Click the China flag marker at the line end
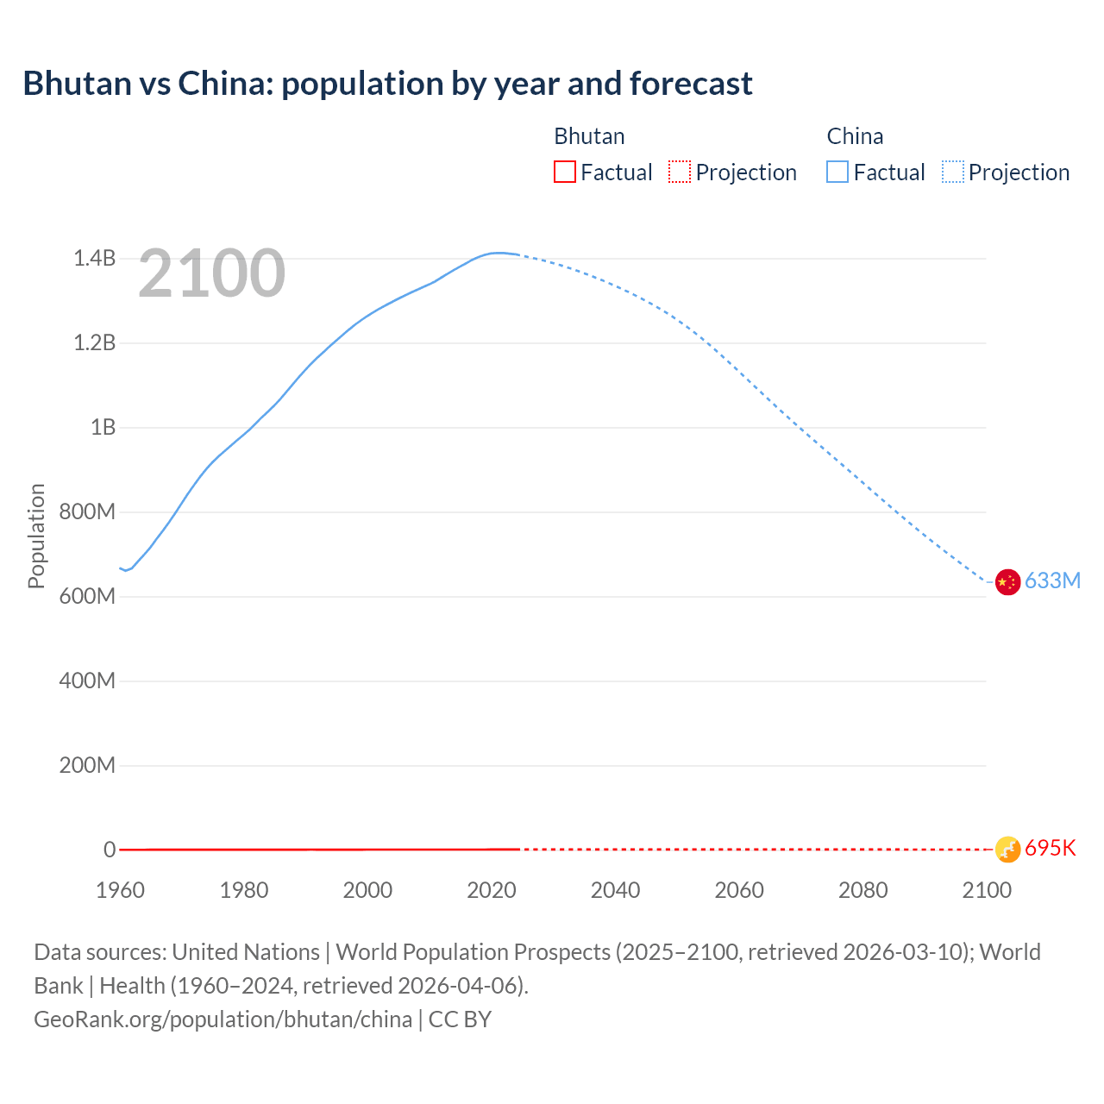click(1007, 582)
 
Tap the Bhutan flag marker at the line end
click(1007, 850)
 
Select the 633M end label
click(1052, 580)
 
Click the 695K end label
click(1051, 849)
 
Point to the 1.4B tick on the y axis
click(94, 259)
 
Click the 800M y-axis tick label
click(87, 512)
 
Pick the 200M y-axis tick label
click(87, 766)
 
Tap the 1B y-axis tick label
click(103, 428)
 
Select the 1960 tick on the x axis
click(121, 890)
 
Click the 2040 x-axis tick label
click(615, 890)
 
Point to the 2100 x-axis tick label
click(987, 890)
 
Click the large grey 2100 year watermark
click(211, 273)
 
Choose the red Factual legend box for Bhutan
click(565, 172)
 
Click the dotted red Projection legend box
click(680, 172)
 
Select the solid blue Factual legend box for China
click(837, 172)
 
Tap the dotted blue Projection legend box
click(953, 172)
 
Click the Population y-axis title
click(36, 536)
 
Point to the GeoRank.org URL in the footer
click(223, 1019)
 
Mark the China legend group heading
click(855, 136)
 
